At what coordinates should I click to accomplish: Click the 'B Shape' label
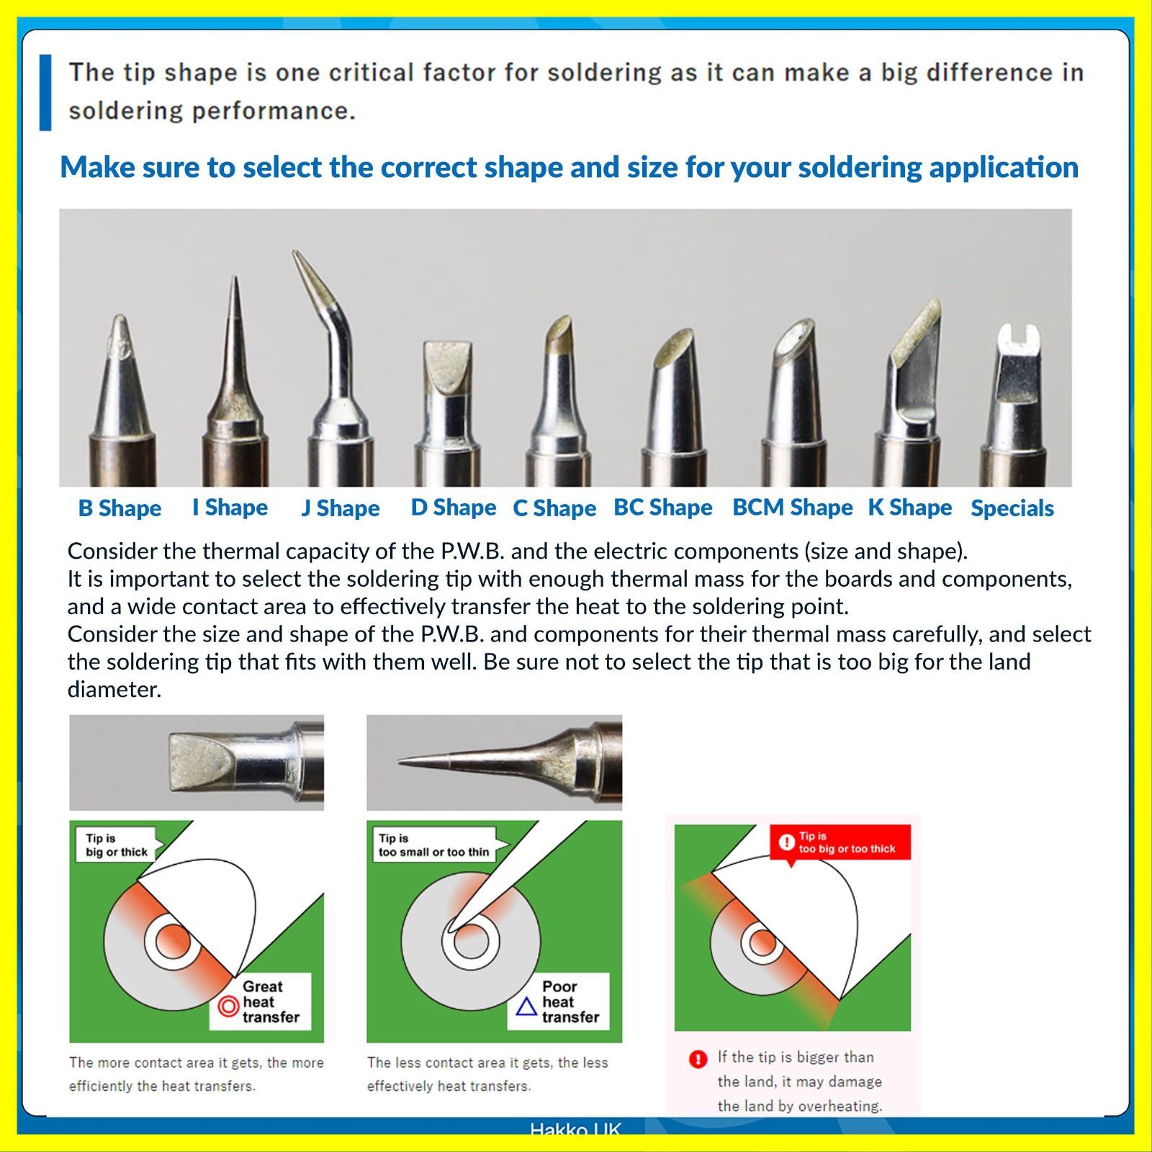(120, 508)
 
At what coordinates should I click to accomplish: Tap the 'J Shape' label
(340, 508)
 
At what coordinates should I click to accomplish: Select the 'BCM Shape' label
(792, 507)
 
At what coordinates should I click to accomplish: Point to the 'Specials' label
(1012, 508)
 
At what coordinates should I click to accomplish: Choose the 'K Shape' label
(909, 507)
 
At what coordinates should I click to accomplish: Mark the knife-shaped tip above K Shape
(909, 389)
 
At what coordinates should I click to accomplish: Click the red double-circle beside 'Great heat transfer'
(228, 1006)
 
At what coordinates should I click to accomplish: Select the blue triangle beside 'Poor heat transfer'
(527, 1006)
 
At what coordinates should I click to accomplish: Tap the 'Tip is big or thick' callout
(117, 845)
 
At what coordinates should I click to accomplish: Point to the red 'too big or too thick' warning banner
(840, 842)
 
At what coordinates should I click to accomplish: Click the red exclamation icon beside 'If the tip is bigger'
(698, 1059)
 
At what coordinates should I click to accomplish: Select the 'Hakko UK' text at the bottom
(575, 1129)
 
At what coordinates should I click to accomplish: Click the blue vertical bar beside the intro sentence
(45, 92)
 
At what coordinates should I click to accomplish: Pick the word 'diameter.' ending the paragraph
(114, 690)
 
